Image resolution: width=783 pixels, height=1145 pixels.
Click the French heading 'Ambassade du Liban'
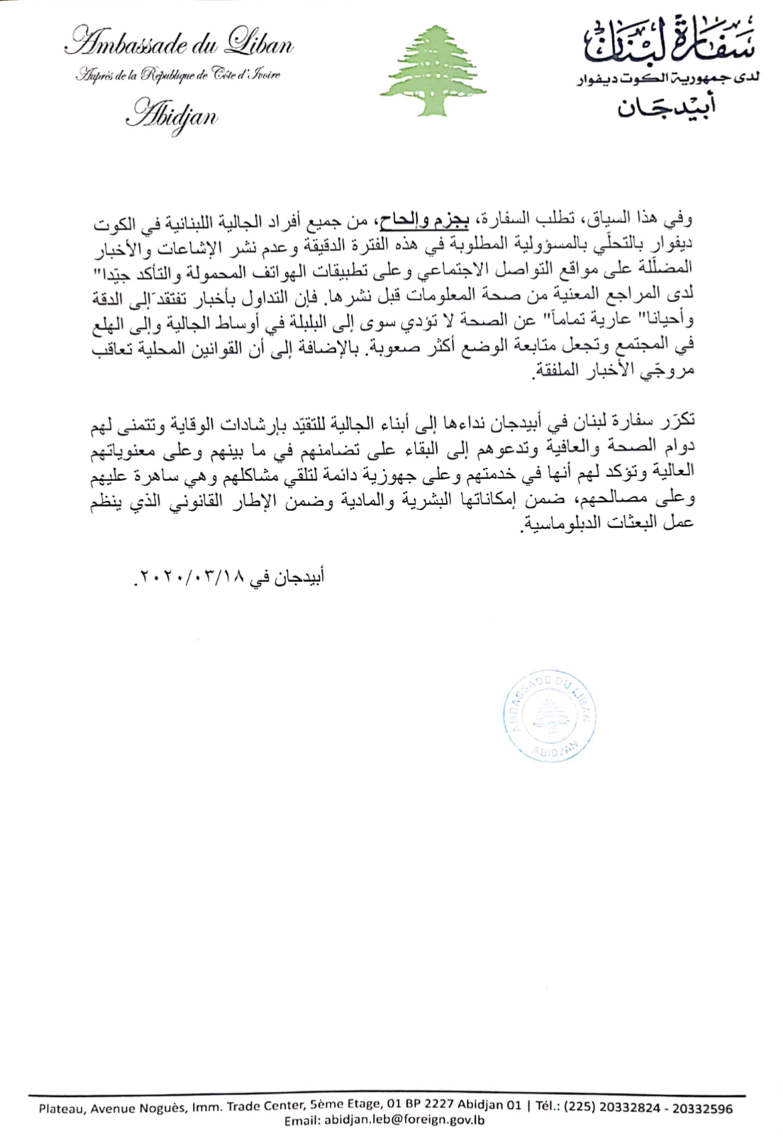179,45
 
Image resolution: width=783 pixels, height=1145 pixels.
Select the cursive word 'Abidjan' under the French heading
172,115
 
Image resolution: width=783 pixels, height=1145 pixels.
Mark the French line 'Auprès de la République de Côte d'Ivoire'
178,75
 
